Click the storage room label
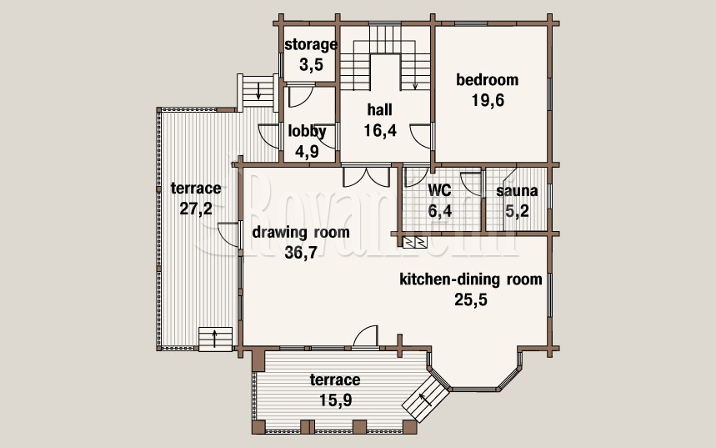tap(311, 45)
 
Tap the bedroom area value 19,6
tap(488, 100)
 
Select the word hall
tap(380, 110)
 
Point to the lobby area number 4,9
tap(307, 151)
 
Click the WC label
tap(439, 189)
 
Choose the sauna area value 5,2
tap(517, 211)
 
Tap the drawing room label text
tap(301, 232)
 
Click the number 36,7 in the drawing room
tap(301, 252)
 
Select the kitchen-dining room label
tap(471, 279)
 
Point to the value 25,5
tap(471, 300)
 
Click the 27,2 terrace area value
tap(196, 209)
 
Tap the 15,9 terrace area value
tap(336, 400)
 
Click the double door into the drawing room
tap(366, 177)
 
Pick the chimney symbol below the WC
tap(415, 242)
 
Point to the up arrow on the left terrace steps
tap(215, 339)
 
